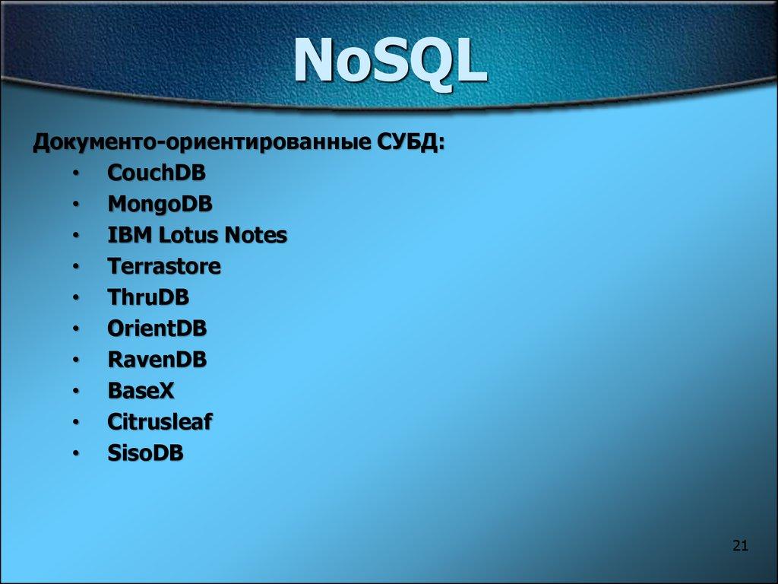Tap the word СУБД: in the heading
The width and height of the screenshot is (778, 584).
tap(411, 142)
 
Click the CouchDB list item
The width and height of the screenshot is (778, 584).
tap(157, 173)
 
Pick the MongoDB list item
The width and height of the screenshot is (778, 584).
tap(160, 205)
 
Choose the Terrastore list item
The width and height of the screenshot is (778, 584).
tap(164, 267)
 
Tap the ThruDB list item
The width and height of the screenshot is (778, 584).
tap(148, 297)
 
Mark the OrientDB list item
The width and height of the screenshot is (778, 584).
tap(157, 328)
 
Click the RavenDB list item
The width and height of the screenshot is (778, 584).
tap(157, 360)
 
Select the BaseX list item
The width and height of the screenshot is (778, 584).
tap(141, 391)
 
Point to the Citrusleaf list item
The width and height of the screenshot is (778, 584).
tap(160, 422)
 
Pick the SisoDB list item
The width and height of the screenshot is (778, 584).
tap(145, 453)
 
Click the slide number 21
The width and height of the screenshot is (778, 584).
tap(741, 545)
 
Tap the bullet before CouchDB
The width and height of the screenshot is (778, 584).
tap(77, 174)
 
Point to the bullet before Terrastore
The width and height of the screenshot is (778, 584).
tap(77, 268)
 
